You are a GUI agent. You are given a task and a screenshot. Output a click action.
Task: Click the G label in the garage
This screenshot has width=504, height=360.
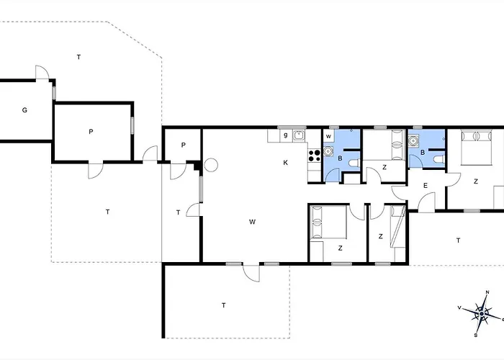pyautogui.click(x=24, y=110)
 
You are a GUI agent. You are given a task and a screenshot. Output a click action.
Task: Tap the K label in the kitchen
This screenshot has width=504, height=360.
pyautogui.click(x=285, y=163)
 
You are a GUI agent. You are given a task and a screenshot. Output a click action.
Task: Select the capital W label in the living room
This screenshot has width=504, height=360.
pyautogui.click(x=252, y=222)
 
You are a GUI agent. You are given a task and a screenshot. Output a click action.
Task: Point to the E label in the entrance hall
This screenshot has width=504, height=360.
pyautogui.click(x=426, y=186)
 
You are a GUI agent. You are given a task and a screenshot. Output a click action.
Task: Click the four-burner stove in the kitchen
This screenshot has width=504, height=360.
pyautogui.click(x=314, y=156)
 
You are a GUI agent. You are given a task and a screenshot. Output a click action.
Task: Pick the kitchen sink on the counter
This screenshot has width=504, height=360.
pyautogui.click(x=299, y=135)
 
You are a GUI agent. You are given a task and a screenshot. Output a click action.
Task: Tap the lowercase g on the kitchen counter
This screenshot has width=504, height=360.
pyautogui.click(x=285, y=135)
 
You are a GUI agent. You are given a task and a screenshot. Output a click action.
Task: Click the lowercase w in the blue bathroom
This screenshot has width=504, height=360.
pyautogui.click(x=328, y=136)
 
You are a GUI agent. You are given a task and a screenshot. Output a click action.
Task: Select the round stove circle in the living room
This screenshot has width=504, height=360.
pyautogui.click(x=211, y=165)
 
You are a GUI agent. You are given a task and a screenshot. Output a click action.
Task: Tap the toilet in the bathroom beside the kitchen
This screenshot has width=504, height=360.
pyautogui.click(x=354, y=163)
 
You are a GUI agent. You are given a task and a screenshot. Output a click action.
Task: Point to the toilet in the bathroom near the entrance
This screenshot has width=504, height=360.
pyautogui.click(x=439, y=159)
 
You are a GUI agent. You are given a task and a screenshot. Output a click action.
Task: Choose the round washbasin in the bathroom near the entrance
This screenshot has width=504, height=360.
pyautogui.click(x=413, y=140)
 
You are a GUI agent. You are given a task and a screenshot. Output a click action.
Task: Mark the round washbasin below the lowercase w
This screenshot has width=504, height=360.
pyautogui.click(x=328, y=150)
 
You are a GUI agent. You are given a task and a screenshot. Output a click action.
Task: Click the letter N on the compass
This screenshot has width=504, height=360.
pyautogui.click(x=487, y=292)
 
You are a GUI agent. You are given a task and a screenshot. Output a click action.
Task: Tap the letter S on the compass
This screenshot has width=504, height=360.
pyautogui.click(x=476, y=336)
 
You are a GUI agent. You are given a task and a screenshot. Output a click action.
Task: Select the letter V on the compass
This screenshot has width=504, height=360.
pyautogui.click(x=459, y=307)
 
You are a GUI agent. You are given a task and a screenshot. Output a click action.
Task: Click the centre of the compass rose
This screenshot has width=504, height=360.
pyautogui.click(x=482, y=314)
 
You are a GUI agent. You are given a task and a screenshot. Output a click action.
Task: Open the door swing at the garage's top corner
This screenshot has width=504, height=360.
pyautogui.click(x=42, y=72)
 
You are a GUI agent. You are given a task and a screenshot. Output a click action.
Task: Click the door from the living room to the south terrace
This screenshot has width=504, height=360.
pyautogui.click(x=251, y=274)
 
